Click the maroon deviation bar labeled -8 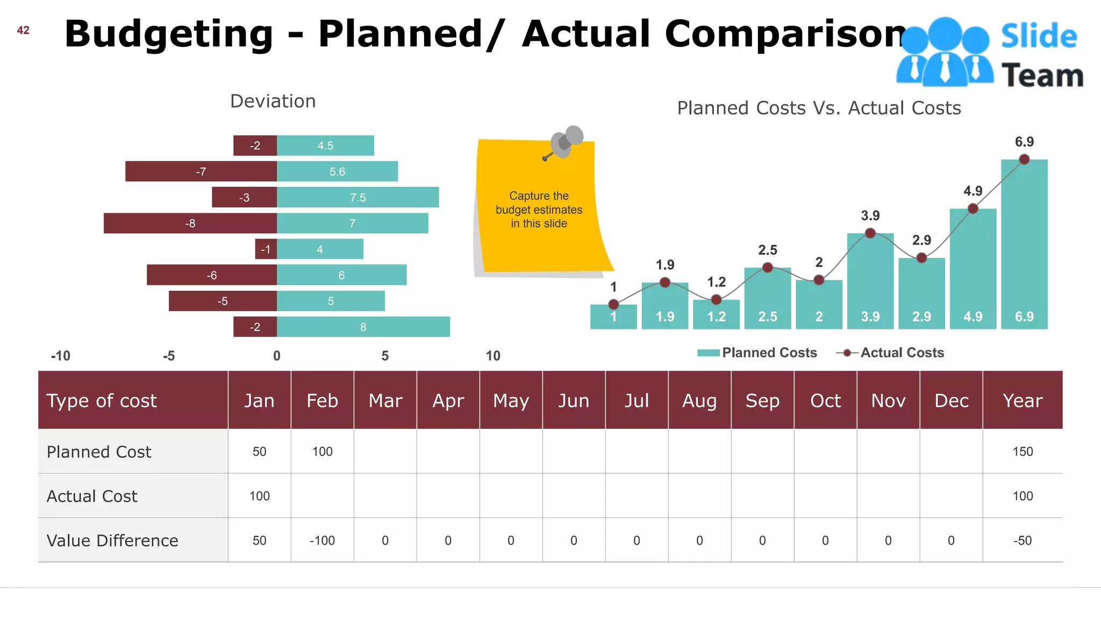point(190,223)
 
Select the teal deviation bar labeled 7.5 point(358,197)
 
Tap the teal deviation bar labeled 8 point(363,327)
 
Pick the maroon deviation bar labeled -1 point(266,249)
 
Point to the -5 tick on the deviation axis point(169,356)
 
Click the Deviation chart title point(273,102)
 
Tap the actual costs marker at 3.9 point(870,233)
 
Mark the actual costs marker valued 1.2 point(716,299)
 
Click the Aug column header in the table point(699,400)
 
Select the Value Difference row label point(112,540)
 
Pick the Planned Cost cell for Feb point(322,451)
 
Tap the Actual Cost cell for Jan point(259,496)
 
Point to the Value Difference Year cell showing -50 point(1022,541)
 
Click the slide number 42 point(23,31)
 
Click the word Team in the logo point(1042,75)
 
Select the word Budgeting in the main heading point(169,34)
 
